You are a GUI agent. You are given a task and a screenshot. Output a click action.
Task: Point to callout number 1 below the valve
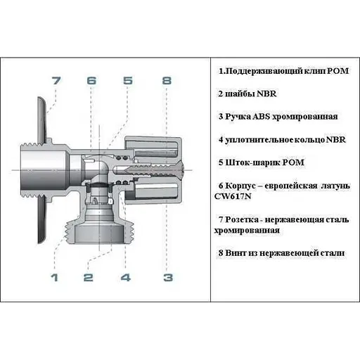pos(53,278)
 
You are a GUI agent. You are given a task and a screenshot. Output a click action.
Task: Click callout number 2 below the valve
pos(88,278)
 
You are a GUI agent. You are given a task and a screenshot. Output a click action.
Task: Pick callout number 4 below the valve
pos(125,278)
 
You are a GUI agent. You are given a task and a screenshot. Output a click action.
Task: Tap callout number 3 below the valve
pos(167,278)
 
